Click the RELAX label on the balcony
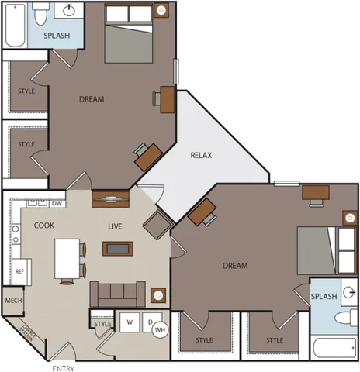coord(201,155)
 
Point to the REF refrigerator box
coord(20,271)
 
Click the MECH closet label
coord(13,300)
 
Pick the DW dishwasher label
coord(57,204)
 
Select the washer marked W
coord(130,322)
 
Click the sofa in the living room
coord(117,293)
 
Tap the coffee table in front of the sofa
coord(118,248)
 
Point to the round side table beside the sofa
coord(157,295)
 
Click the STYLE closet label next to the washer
coord(102,324)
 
